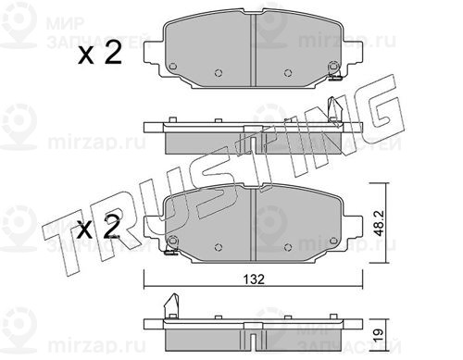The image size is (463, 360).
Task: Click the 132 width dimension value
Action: pos(254,279)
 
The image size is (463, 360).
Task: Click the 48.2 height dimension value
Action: pos(379,223)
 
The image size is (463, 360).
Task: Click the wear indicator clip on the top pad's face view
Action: pos(334,78)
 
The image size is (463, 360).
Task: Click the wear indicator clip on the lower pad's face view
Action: pos(170,253)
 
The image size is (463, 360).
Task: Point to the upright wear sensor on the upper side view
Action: pos(334,112)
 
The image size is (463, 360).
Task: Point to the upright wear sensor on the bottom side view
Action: pos(171,306)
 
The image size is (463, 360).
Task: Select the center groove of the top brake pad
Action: pos(254,50)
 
